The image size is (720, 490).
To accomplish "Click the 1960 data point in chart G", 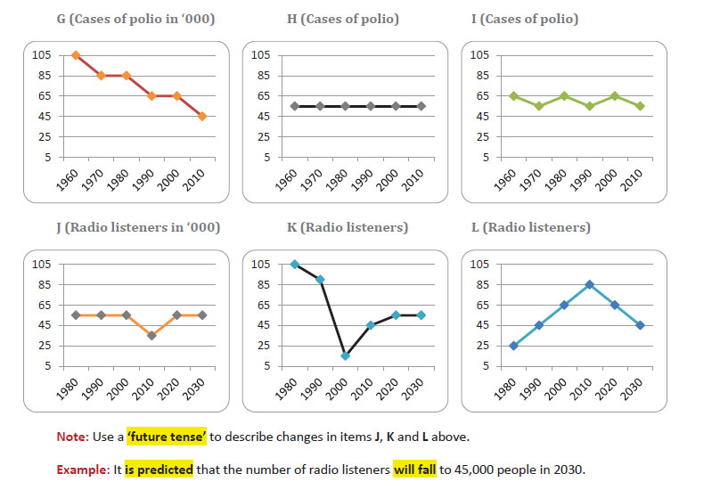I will point(76,55).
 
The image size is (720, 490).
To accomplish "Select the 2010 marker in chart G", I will point(202,116).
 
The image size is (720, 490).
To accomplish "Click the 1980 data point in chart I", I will point(564,96).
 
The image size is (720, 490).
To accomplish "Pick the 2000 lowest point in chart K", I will point(345,355).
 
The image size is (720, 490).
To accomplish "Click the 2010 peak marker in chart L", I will point(615,284).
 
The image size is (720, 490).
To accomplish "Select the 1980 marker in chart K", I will point(295,264).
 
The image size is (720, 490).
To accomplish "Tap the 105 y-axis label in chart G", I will point(43,55).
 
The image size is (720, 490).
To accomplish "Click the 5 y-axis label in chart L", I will point(485,366).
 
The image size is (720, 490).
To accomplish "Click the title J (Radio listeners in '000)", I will point(131,228).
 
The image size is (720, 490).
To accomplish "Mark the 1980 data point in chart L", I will point(513,346).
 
